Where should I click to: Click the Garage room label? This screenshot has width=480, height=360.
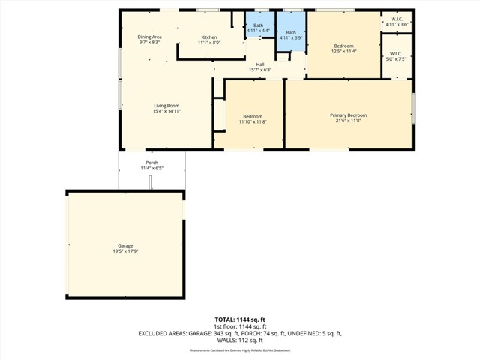tap(124, 245)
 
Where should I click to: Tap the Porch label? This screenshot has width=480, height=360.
tap(152, 163)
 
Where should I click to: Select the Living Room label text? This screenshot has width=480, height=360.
tap(166, 106)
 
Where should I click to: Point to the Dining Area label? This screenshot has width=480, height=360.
tap(149, 37)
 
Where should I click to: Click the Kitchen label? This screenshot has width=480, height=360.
tap(208, 37)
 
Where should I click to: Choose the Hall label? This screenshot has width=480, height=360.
tap(259, 64)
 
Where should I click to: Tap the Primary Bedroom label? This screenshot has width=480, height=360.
tap(349, 115)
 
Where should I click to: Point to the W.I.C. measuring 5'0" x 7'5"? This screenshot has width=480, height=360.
tap(395, 55)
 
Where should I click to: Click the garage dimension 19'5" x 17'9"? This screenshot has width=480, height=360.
tap(124, 251)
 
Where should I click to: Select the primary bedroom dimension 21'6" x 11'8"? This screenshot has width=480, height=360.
tap(349, 121)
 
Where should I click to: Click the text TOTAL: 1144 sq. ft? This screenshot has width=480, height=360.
tap(240, 319)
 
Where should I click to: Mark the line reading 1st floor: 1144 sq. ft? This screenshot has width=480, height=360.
tap(240, 326)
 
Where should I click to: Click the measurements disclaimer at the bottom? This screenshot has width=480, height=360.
tap(240, 350)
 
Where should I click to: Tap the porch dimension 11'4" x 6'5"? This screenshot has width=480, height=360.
tap(152, 169)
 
